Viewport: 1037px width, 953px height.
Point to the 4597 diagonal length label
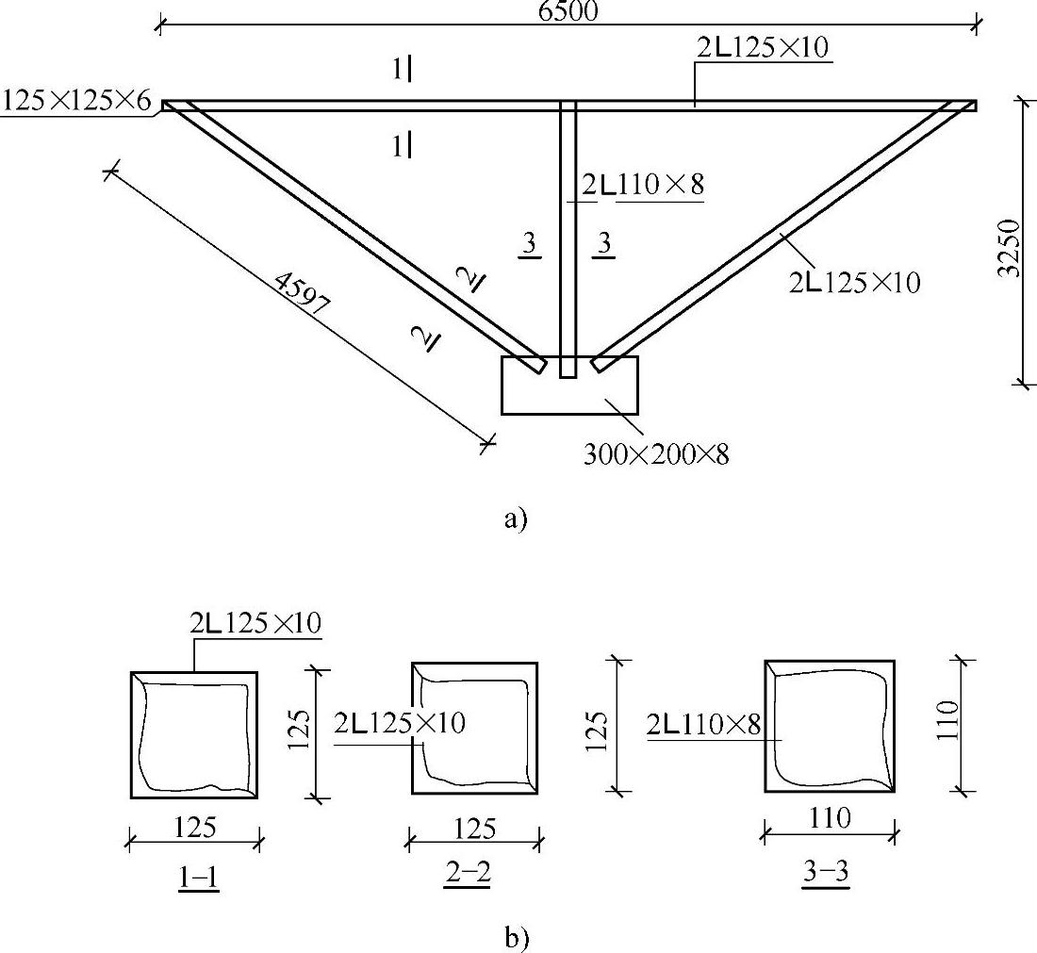pos(302,293)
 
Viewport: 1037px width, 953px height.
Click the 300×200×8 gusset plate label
pos(655,454)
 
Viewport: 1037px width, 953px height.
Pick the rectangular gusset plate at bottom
pos(569,386)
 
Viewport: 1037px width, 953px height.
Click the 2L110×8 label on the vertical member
pos(643,185)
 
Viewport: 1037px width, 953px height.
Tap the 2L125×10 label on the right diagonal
pos(854,283)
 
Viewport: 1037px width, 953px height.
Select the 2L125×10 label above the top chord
pos(763,48)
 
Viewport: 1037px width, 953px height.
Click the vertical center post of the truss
pos(568,238)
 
